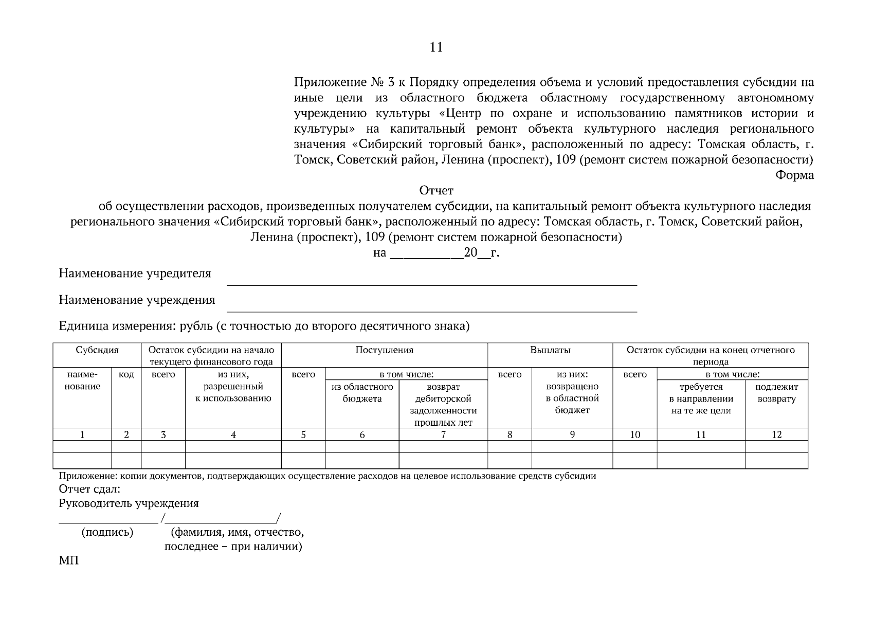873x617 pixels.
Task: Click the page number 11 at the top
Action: pos(435,47)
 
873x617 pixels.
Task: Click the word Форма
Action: pos(794,175)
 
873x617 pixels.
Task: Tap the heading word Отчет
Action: pos(436,191)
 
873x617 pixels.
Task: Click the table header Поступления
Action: pos(384,350)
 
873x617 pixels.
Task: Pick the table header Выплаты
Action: pos(550,350)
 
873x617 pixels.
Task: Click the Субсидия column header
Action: pos(97,350)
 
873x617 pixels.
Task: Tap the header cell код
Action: pos(126,375)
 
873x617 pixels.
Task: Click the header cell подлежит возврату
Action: pos(776,393)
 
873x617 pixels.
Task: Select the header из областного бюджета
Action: pos(362,393)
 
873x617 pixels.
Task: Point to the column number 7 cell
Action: pos(443,435)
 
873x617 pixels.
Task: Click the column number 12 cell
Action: pos(776,435)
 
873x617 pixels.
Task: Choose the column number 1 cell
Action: pos(82,435)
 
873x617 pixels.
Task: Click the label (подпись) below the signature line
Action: pos(107,533)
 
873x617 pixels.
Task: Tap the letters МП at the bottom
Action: pos(69,560)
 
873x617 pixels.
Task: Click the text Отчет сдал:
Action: pos(89,489)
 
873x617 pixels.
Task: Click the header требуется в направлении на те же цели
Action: pos(701,399)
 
